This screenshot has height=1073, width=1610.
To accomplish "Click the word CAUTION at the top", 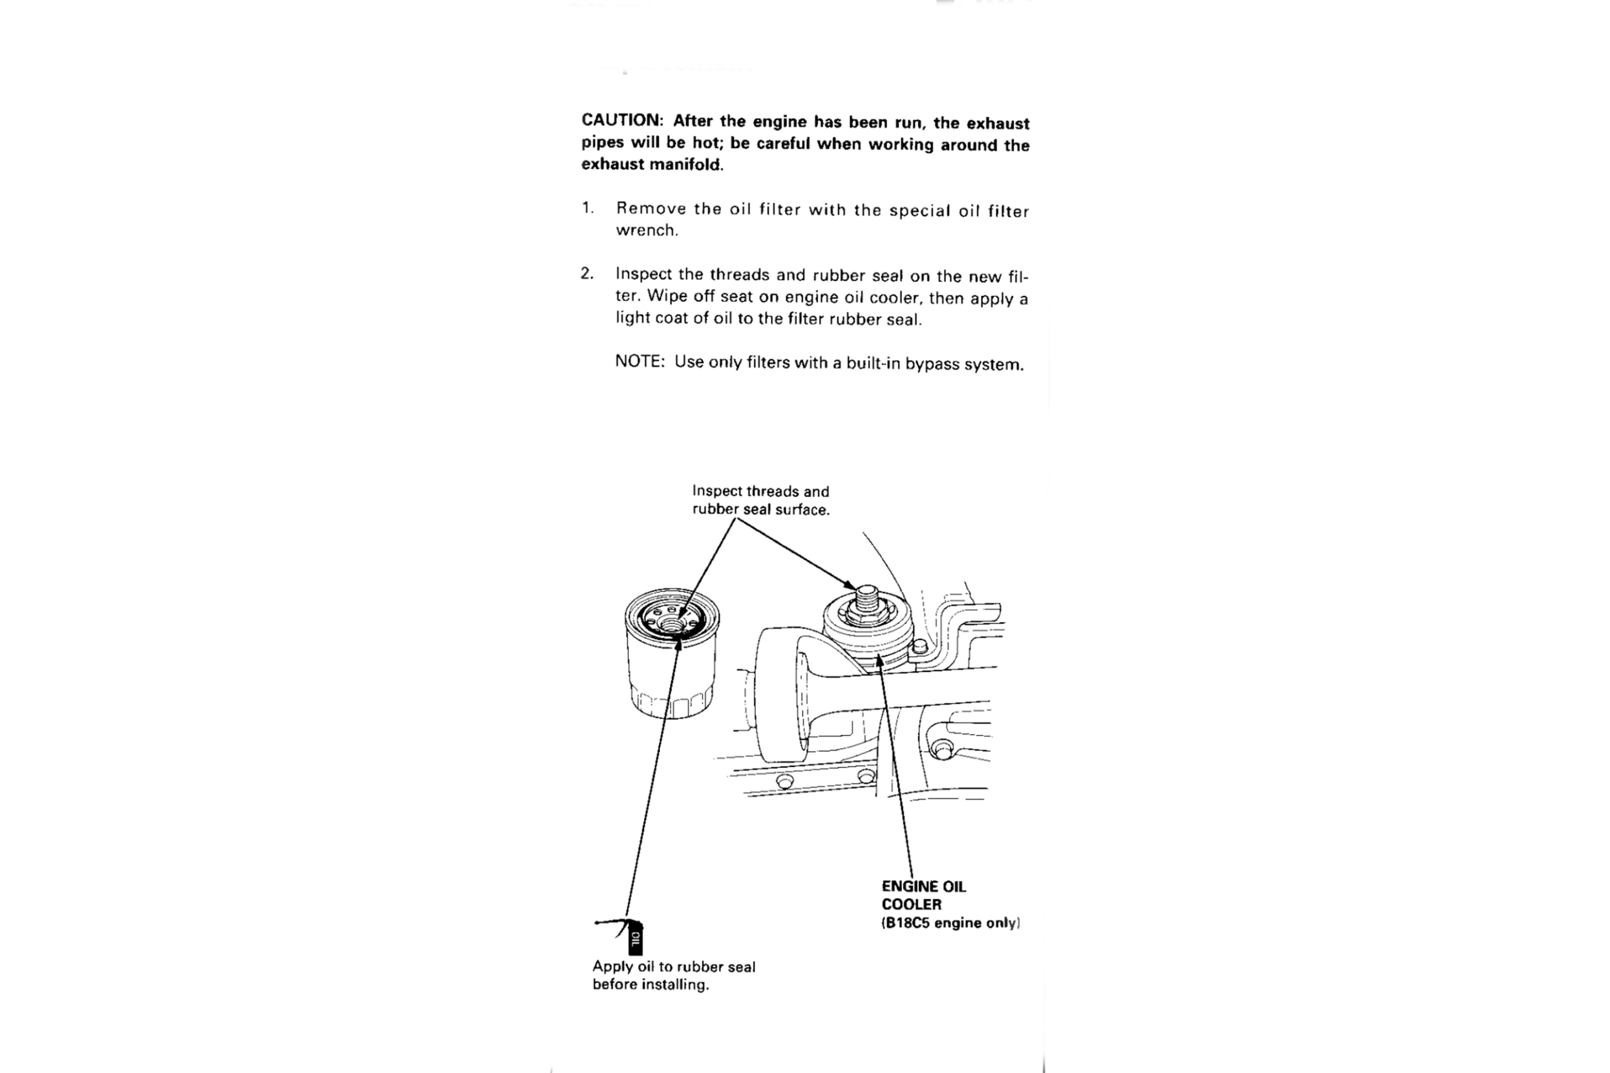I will point(621,120).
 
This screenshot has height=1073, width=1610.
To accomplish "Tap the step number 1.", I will point(587,207).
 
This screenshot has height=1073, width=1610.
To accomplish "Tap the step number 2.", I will point(587,273).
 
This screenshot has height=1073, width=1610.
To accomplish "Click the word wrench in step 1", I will point(646,231).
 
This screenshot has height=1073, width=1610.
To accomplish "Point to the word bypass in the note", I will point(932,364).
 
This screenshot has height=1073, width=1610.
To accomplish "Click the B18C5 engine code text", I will point(906,922).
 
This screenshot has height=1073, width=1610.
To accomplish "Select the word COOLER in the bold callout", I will point(911,904).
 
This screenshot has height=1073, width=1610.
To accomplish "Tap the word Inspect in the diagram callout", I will point(717,492).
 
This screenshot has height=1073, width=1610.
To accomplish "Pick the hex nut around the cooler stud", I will point(867,613).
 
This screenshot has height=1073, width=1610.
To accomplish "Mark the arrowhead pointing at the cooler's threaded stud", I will point(850,585).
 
